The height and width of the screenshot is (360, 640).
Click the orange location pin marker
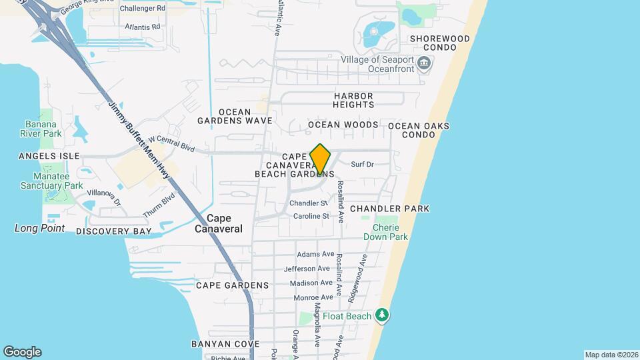coord(320,159)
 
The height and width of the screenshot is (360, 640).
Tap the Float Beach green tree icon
coord(381,313)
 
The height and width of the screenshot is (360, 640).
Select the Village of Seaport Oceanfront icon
coord(425,65)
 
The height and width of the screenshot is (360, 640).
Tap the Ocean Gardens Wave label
coord(235,116)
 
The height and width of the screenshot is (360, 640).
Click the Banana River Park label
coord(43,129)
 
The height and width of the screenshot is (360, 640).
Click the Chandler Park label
coord(389,209)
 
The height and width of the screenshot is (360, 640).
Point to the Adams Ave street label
coord(315,254)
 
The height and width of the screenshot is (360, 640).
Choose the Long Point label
coord(40,228)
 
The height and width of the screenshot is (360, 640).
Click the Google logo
coord(22,352)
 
